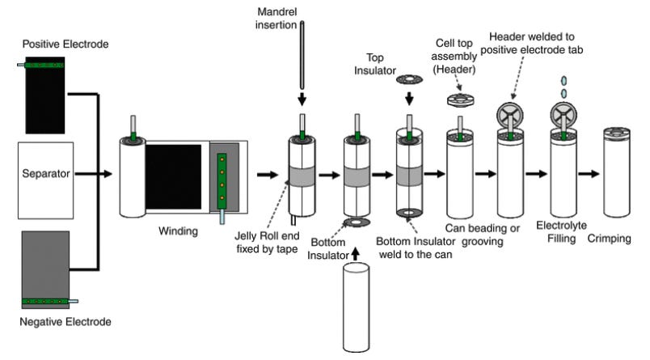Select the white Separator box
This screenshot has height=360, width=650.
pyautogui.click(x=45, y=173)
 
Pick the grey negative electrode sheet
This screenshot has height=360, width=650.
pyautogui.click(x=51, y=263)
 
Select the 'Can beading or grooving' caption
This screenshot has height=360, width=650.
pyautogui.click(x=475, y=235)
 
